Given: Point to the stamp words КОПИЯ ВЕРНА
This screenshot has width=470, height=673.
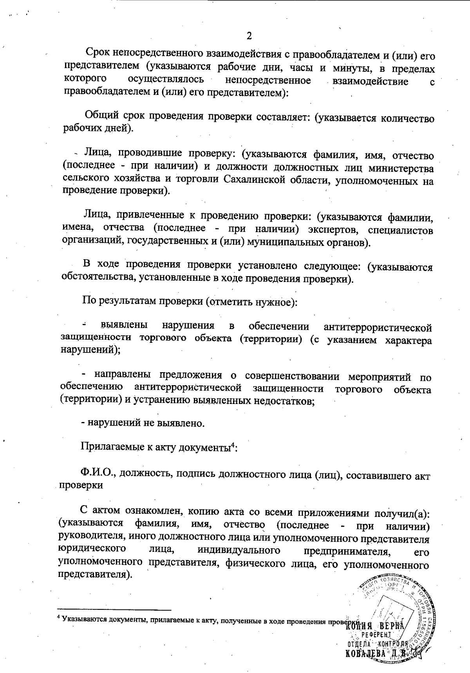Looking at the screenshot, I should point(376,627).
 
